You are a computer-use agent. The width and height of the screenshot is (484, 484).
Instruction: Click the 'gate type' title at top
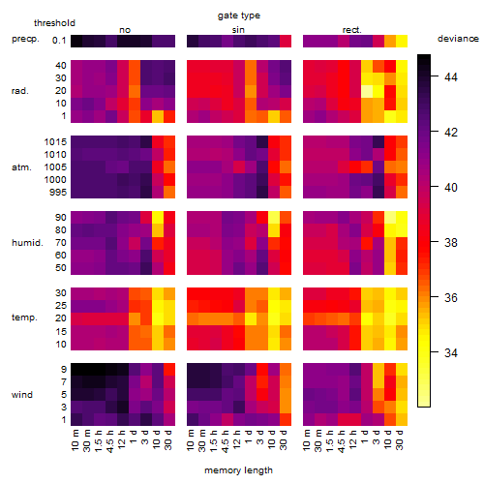[239, 15]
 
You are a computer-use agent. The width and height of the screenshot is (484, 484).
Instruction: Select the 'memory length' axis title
[238, 470]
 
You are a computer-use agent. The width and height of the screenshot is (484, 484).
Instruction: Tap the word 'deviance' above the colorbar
[458, 39]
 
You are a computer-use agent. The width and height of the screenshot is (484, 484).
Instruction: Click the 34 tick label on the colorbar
[451, 352]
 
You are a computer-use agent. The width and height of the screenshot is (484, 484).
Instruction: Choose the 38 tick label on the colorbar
[451, 242]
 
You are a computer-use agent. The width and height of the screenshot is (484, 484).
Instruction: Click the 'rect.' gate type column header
[352, 30]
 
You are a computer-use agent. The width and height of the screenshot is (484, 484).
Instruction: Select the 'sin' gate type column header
[238, 30]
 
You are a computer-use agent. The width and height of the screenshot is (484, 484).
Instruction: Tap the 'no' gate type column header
[125, 30]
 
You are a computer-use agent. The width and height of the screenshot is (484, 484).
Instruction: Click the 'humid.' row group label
[27, 243]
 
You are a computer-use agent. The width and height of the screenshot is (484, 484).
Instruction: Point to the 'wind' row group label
[22, 395]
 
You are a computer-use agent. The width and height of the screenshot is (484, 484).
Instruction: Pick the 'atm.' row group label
[21, 167]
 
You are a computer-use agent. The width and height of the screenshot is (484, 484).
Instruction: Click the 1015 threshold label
[55, 142]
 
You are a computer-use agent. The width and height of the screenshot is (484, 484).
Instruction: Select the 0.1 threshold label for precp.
[59, 41]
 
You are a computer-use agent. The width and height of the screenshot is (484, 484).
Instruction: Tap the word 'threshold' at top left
[54, 23]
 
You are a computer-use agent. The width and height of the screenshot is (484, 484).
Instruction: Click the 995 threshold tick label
[58, 193]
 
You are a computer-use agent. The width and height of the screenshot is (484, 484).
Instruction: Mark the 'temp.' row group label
[24, 318]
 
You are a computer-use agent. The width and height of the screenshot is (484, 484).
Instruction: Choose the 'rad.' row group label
[20, 91]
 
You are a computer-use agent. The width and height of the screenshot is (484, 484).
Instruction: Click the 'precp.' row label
[25, 39]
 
